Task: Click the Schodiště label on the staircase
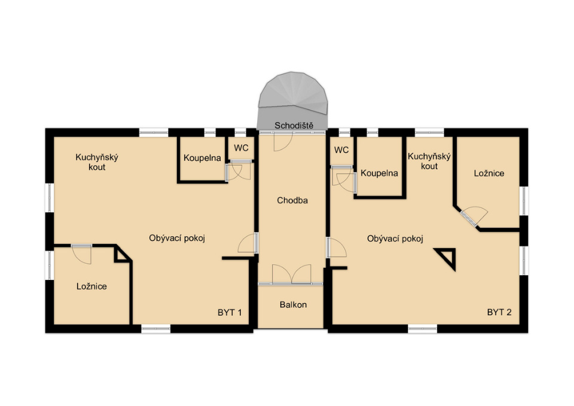294,126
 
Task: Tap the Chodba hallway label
292,200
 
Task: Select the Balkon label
293,304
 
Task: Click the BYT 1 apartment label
230,313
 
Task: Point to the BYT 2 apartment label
499,312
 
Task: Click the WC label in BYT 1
241,148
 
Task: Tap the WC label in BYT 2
341,150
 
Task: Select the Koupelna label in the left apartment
202,158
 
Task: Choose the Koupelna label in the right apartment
379,173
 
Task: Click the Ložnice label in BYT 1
91,286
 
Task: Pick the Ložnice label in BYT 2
489,173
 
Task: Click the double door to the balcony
292,274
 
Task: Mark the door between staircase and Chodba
283,142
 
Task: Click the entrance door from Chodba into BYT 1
248,242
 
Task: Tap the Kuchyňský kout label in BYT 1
97,162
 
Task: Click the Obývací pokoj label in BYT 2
395,239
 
